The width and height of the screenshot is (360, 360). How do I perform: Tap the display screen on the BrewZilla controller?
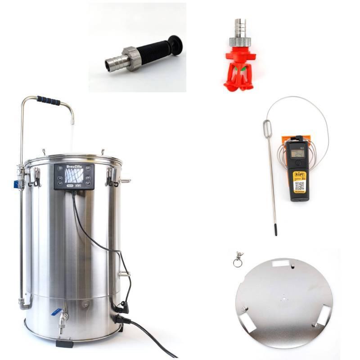[74, 175]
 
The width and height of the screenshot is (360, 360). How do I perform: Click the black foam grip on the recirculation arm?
[49, 100]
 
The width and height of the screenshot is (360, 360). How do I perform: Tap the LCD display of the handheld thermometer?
[297, 153]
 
